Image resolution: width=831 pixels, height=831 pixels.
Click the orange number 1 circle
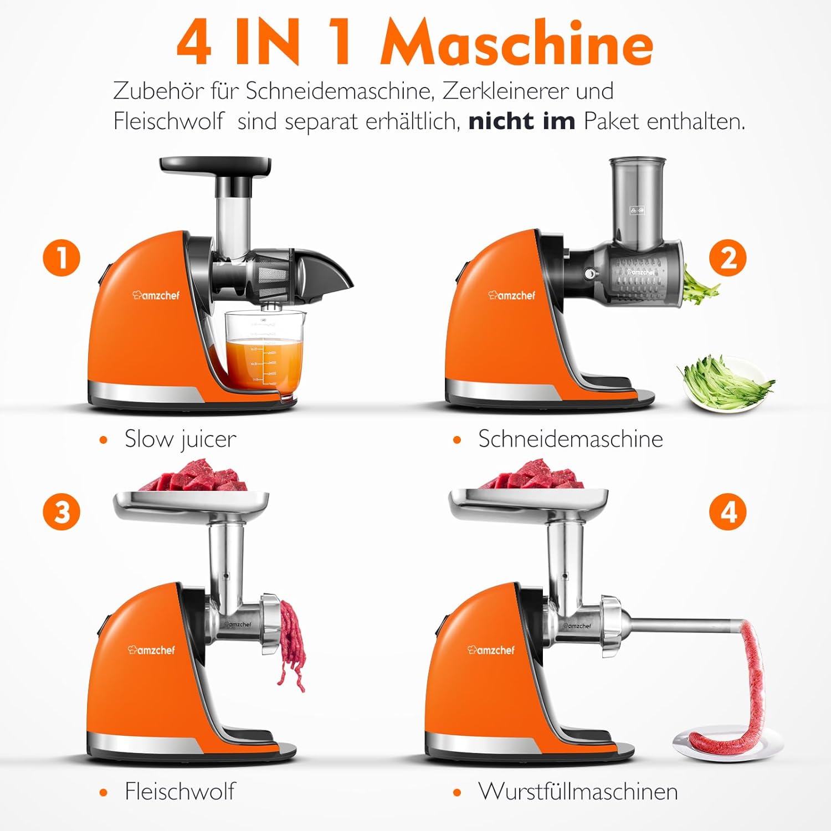(61, 258)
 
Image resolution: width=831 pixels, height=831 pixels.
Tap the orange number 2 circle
(728, 258)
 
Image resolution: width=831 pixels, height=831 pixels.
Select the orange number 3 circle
(61, 511)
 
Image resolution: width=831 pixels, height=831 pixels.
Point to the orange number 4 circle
(728, 511)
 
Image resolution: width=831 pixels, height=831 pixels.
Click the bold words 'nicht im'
(522, 121)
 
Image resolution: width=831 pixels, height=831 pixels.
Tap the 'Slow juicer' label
(180, 439)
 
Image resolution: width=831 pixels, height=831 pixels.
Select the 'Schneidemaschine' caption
(571, 439)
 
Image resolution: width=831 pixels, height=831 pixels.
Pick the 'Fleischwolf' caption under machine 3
(179, 791)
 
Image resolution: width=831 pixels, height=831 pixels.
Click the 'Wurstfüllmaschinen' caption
(578, 791)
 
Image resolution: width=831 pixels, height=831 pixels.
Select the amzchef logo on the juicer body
(156, 295)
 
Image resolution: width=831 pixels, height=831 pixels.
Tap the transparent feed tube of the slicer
(637, 203)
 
